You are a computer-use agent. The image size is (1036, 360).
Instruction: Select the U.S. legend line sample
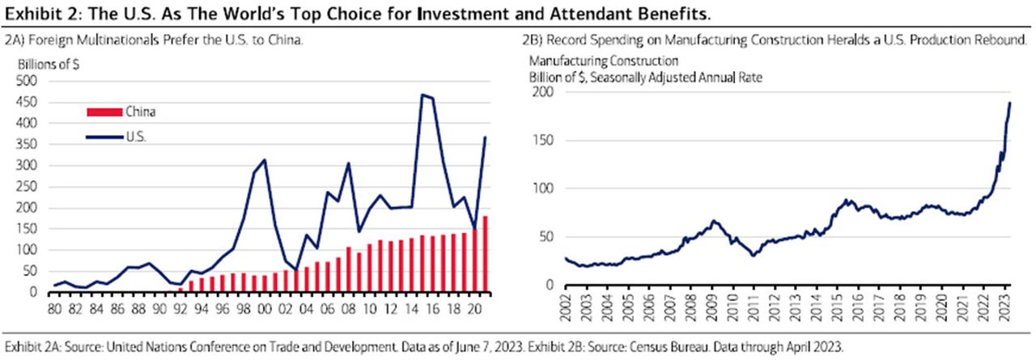[x=104, y=138]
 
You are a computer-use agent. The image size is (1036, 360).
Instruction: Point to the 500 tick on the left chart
[x=28, y=81]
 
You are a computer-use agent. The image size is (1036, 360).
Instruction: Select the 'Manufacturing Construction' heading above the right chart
[x=603, y=61]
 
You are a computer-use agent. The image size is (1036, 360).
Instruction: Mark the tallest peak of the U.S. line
[x=422, y=95]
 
